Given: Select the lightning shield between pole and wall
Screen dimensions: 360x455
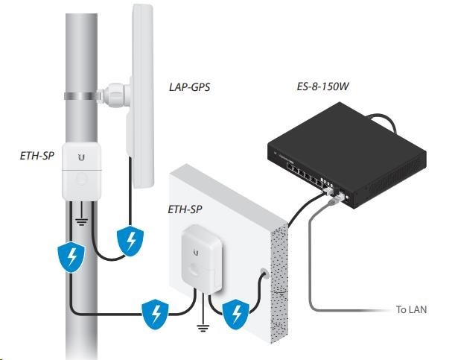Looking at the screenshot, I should click(x=156, y=314).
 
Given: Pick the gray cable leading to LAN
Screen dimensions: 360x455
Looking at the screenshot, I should click(x=312, y=268).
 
